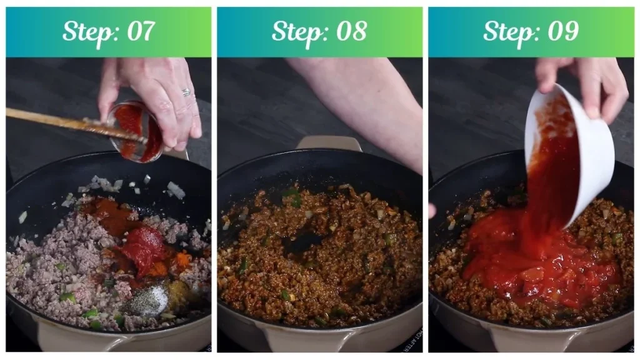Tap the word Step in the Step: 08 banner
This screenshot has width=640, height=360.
pyautogui.click(x=296, y=32)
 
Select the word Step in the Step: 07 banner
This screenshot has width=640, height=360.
pyautogui.click(x=85, y=32)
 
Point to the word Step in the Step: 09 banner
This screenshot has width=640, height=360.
pyautogui.click(x=507, y=32)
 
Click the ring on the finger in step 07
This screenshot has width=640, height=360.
pyautogui.click(x=186, y=92)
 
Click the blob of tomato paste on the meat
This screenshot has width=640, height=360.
pyautogui.click(x=145, y=247)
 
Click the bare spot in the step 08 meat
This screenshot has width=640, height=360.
pyautogui.click(x=306, y=241)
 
